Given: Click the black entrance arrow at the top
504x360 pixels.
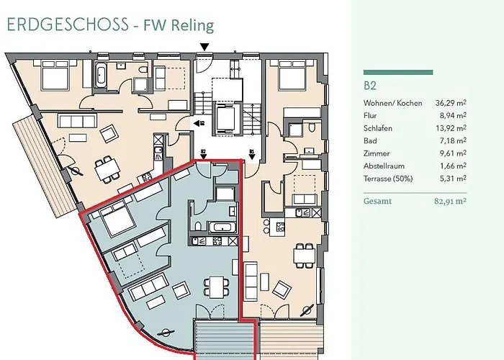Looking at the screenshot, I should (205, 48).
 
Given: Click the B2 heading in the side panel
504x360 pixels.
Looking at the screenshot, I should (370, 86).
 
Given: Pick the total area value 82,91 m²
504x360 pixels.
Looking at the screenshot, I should (446, 202).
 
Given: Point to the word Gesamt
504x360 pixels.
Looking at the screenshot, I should (378, 202).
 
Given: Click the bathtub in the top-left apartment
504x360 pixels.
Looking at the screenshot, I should (102, 73).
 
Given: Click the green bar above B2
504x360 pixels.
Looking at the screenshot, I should (398, 72).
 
